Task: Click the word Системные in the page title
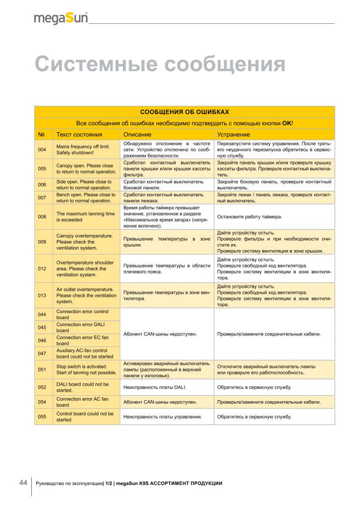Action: (x=95, y=65)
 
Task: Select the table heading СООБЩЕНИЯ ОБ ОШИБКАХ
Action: (x=184, y=112)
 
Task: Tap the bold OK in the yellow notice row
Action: (x=287, y=123)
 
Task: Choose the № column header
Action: (x=42, y=135)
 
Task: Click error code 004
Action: (x=42, y=150)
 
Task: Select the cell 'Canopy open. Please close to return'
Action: (x=85, y=169)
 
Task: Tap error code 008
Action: (x=42, y=217)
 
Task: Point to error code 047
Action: (x=42, y=353)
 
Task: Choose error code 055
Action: (x=42, y=417)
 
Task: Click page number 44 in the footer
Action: (x=23, y=483)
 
